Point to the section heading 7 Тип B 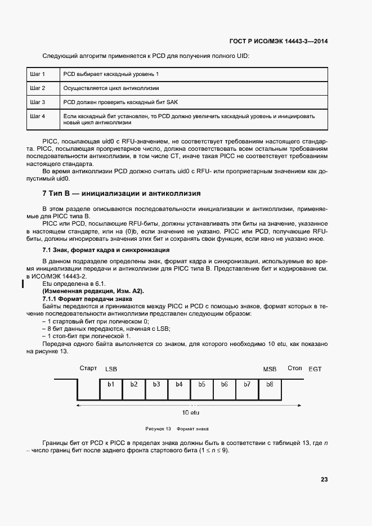122,193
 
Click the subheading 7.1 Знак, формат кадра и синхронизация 106,249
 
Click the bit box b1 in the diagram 111,384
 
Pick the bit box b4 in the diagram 179,384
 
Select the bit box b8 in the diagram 269,384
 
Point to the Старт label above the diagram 88,368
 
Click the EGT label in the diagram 315,369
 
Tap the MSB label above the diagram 270,369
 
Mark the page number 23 324,480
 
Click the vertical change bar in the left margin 23,283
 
